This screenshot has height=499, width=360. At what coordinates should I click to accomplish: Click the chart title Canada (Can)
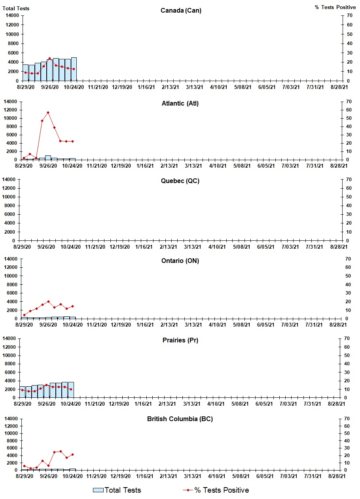coord(181,10)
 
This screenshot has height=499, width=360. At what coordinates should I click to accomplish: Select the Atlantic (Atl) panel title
coord(180,104)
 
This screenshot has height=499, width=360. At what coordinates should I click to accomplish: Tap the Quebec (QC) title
coord(180,181)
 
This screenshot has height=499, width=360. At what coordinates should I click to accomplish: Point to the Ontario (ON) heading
coord(180,261)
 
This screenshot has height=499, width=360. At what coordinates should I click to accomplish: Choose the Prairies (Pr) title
coord(180,340)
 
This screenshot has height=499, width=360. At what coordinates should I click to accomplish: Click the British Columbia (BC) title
coord(180,419)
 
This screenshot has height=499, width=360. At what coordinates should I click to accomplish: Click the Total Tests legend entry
coord(117,490)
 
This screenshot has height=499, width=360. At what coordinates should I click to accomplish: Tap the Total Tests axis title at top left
coord(16,8)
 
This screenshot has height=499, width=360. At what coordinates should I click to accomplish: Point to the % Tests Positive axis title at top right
coord(335,7)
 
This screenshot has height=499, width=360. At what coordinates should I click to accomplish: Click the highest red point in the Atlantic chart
coord(48,112)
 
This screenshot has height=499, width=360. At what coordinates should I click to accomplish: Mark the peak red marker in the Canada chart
coord(49,59)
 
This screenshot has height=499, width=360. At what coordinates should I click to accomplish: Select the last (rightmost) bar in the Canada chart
coord(74,69)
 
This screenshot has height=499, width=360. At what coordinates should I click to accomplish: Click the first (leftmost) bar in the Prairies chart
coord(23,392)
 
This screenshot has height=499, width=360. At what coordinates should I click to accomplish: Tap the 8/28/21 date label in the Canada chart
coord(339,87)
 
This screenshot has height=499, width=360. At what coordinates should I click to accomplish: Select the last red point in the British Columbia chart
coord(72,454)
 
